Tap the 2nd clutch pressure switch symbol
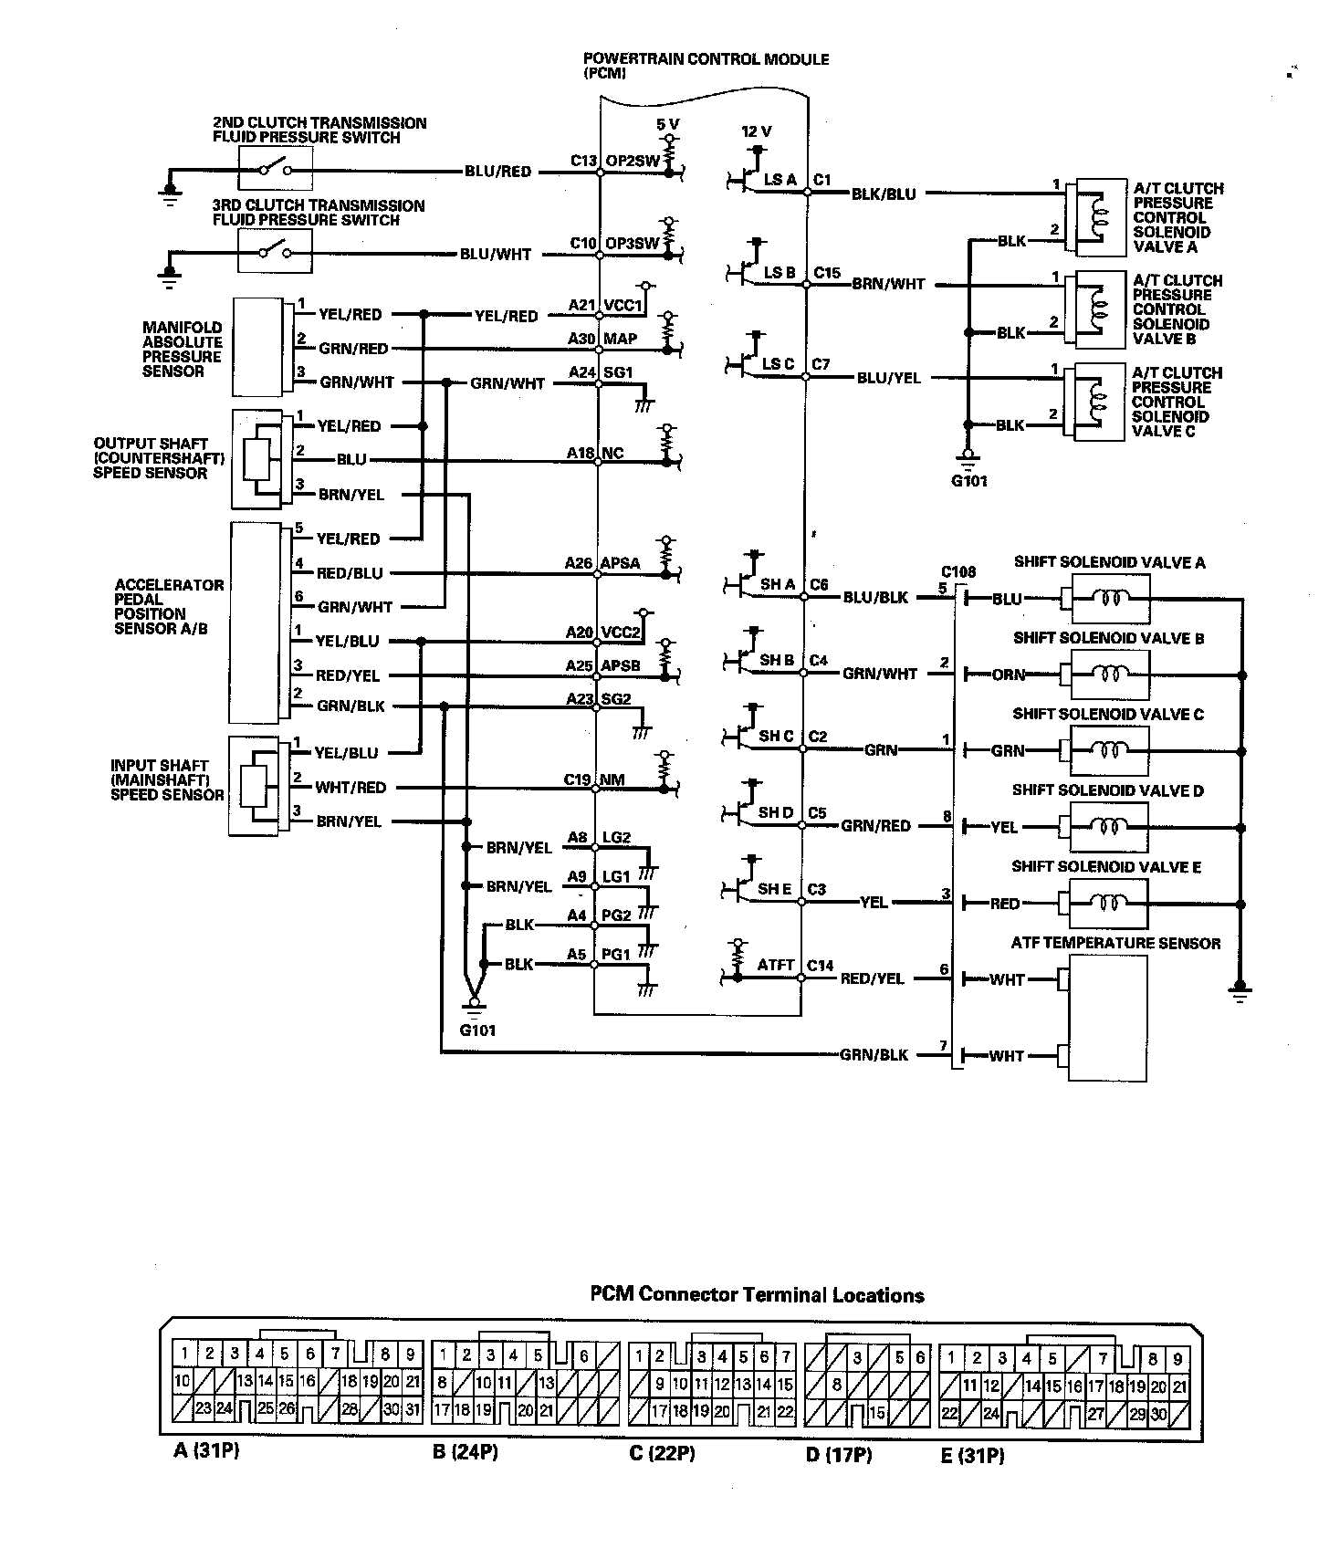point(275,170)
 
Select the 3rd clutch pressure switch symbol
point(275,252)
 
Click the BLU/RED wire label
point(497,172)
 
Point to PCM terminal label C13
point(583,162)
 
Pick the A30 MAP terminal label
point(602,339)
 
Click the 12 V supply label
point(757,131)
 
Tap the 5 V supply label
point(668,123)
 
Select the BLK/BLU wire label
point(883,193)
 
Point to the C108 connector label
point(958,572)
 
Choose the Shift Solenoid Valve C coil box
point(1110,750)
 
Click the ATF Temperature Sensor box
point(1107,1018)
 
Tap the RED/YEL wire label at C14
point(872,978)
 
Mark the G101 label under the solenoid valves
point(968,481)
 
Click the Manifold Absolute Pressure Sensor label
point(182,349)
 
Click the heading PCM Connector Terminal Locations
point(757,1295)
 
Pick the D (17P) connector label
point(839,1455)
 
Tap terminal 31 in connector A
point(413,1409)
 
